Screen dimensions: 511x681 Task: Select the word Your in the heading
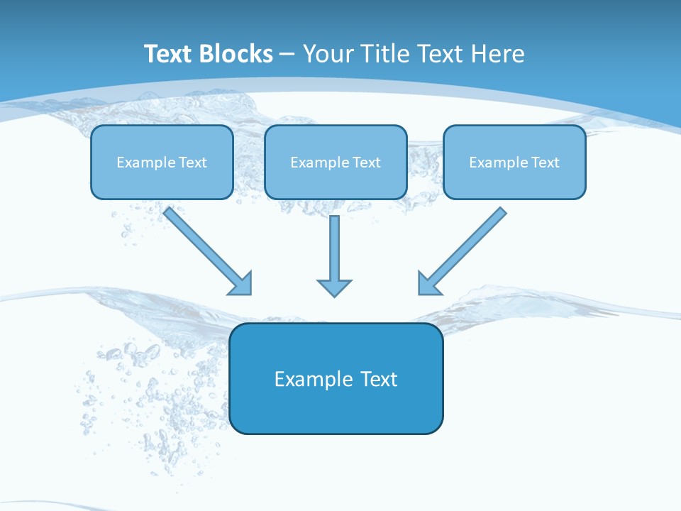(327, 54)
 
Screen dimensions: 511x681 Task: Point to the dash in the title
(287, 55)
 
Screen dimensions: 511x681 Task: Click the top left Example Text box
(162, 162)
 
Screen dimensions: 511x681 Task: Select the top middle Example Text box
(336, 162)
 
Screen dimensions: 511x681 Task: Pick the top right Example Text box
(514, 162)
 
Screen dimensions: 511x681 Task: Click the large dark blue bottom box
(336, 378)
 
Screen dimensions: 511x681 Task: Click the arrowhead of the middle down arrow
(334, 287)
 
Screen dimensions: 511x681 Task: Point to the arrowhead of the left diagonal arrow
(241, 283)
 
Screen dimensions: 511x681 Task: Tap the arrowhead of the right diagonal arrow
(428, 283)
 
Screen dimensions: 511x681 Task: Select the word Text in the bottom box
(379, 379)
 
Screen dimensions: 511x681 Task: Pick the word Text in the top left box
(192, 163)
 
